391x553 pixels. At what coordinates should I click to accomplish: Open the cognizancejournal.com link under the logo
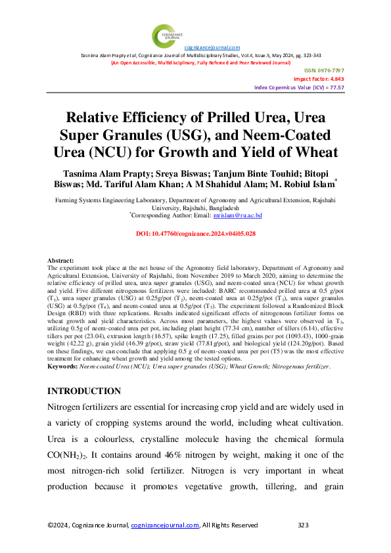212,47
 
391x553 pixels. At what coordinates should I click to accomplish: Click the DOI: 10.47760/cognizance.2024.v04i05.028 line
195,234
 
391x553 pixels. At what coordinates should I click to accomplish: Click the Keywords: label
64,366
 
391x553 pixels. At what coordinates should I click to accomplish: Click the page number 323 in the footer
303,525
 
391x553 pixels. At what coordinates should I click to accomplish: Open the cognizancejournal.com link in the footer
165,525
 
